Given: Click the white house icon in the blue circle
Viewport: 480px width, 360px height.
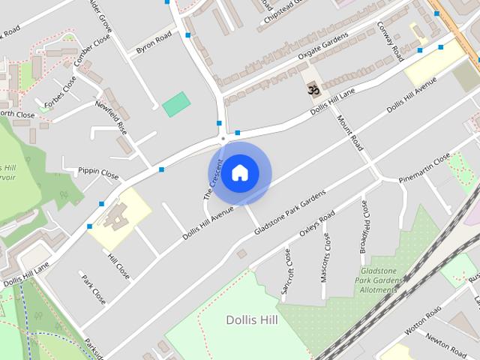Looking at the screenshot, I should [239, 172].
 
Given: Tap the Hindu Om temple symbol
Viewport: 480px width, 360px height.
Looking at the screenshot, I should [312, 89].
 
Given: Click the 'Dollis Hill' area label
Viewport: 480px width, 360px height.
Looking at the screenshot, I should [253, 320].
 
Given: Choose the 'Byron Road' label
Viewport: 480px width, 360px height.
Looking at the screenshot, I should [154, 43].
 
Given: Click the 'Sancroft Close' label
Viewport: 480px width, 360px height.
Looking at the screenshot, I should [286, 271].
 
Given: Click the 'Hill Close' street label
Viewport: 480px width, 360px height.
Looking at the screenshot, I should [118, 266].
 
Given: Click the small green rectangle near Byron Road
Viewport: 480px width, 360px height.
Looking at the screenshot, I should [176, 103].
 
